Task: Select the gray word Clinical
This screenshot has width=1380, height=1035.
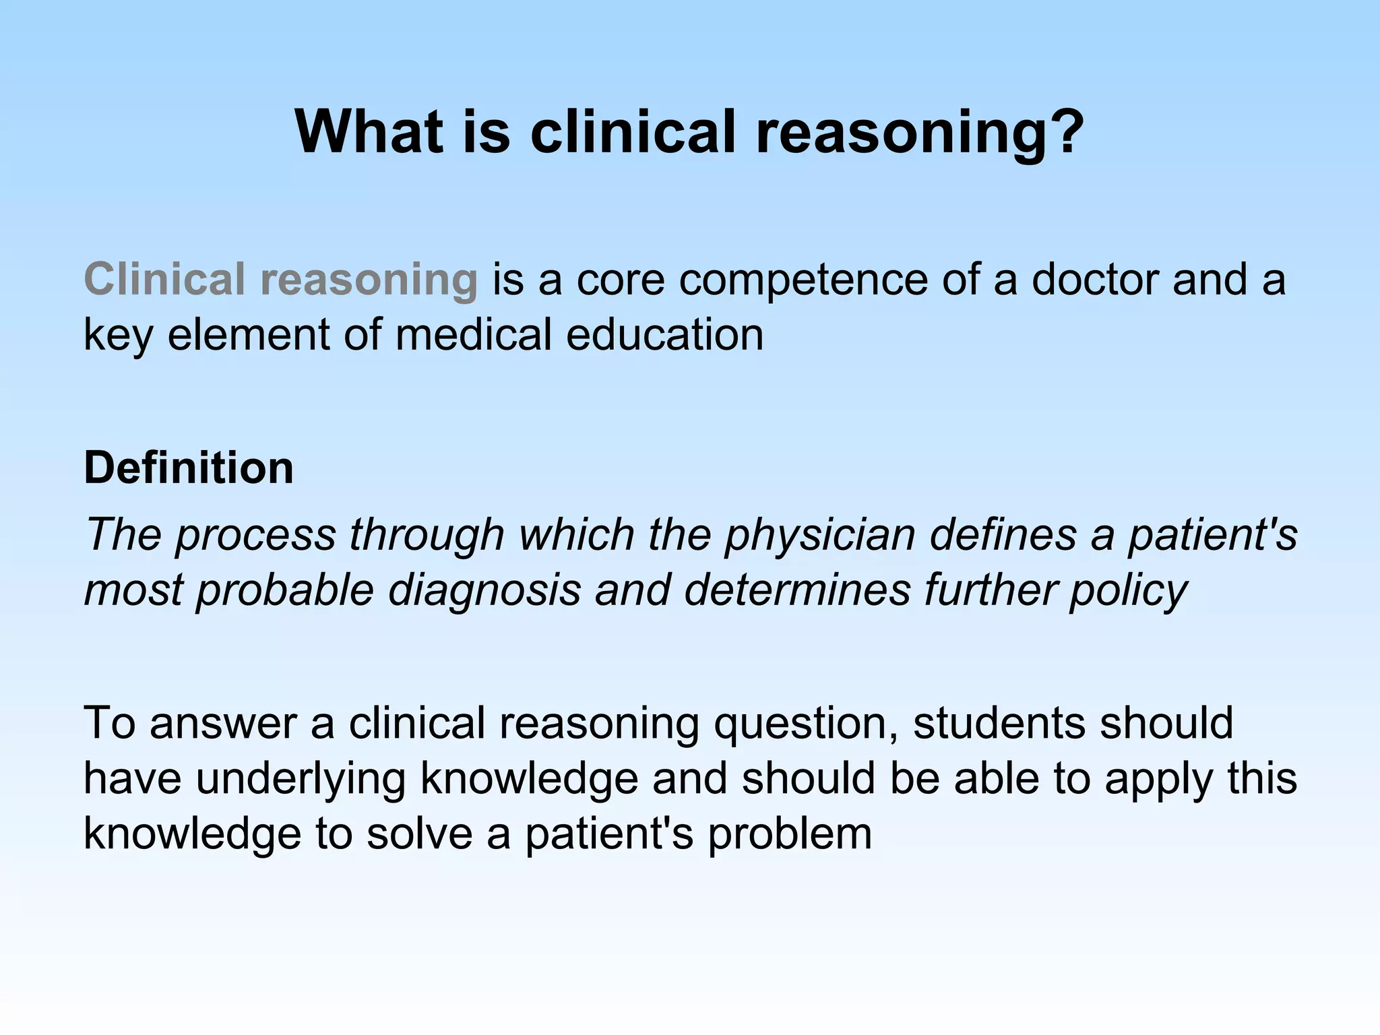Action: click(164, 279)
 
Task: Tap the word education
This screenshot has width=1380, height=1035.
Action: click(664, 334)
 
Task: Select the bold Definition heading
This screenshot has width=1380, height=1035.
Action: click(189, 468)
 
